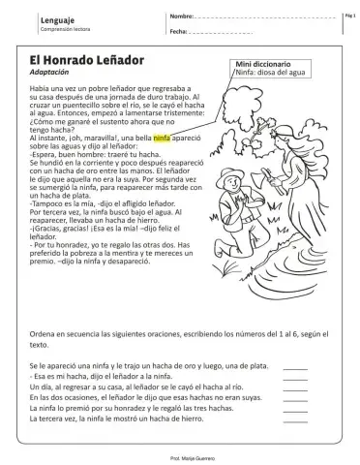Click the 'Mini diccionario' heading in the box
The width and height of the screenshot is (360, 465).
click(x=265, y=64)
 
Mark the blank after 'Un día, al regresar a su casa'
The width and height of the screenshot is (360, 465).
click(x=295, y=385)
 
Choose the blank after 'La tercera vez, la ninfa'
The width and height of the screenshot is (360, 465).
click(x=295, y=419)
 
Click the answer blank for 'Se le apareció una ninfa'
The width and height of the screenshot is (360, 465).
click(x=295, y=361)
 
